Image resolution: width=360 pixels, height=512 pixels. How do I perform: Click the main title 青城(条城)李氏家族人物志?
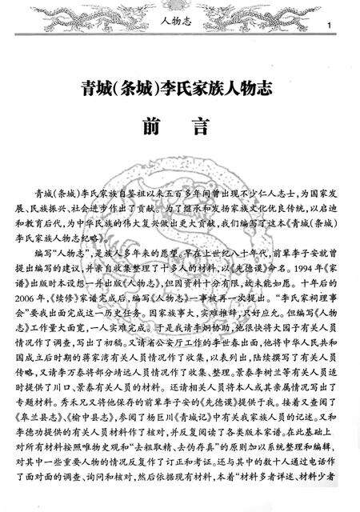179,86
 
